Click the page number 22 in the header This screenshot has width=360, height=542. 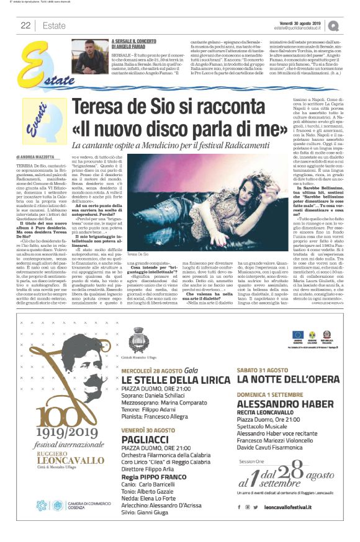26,25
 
